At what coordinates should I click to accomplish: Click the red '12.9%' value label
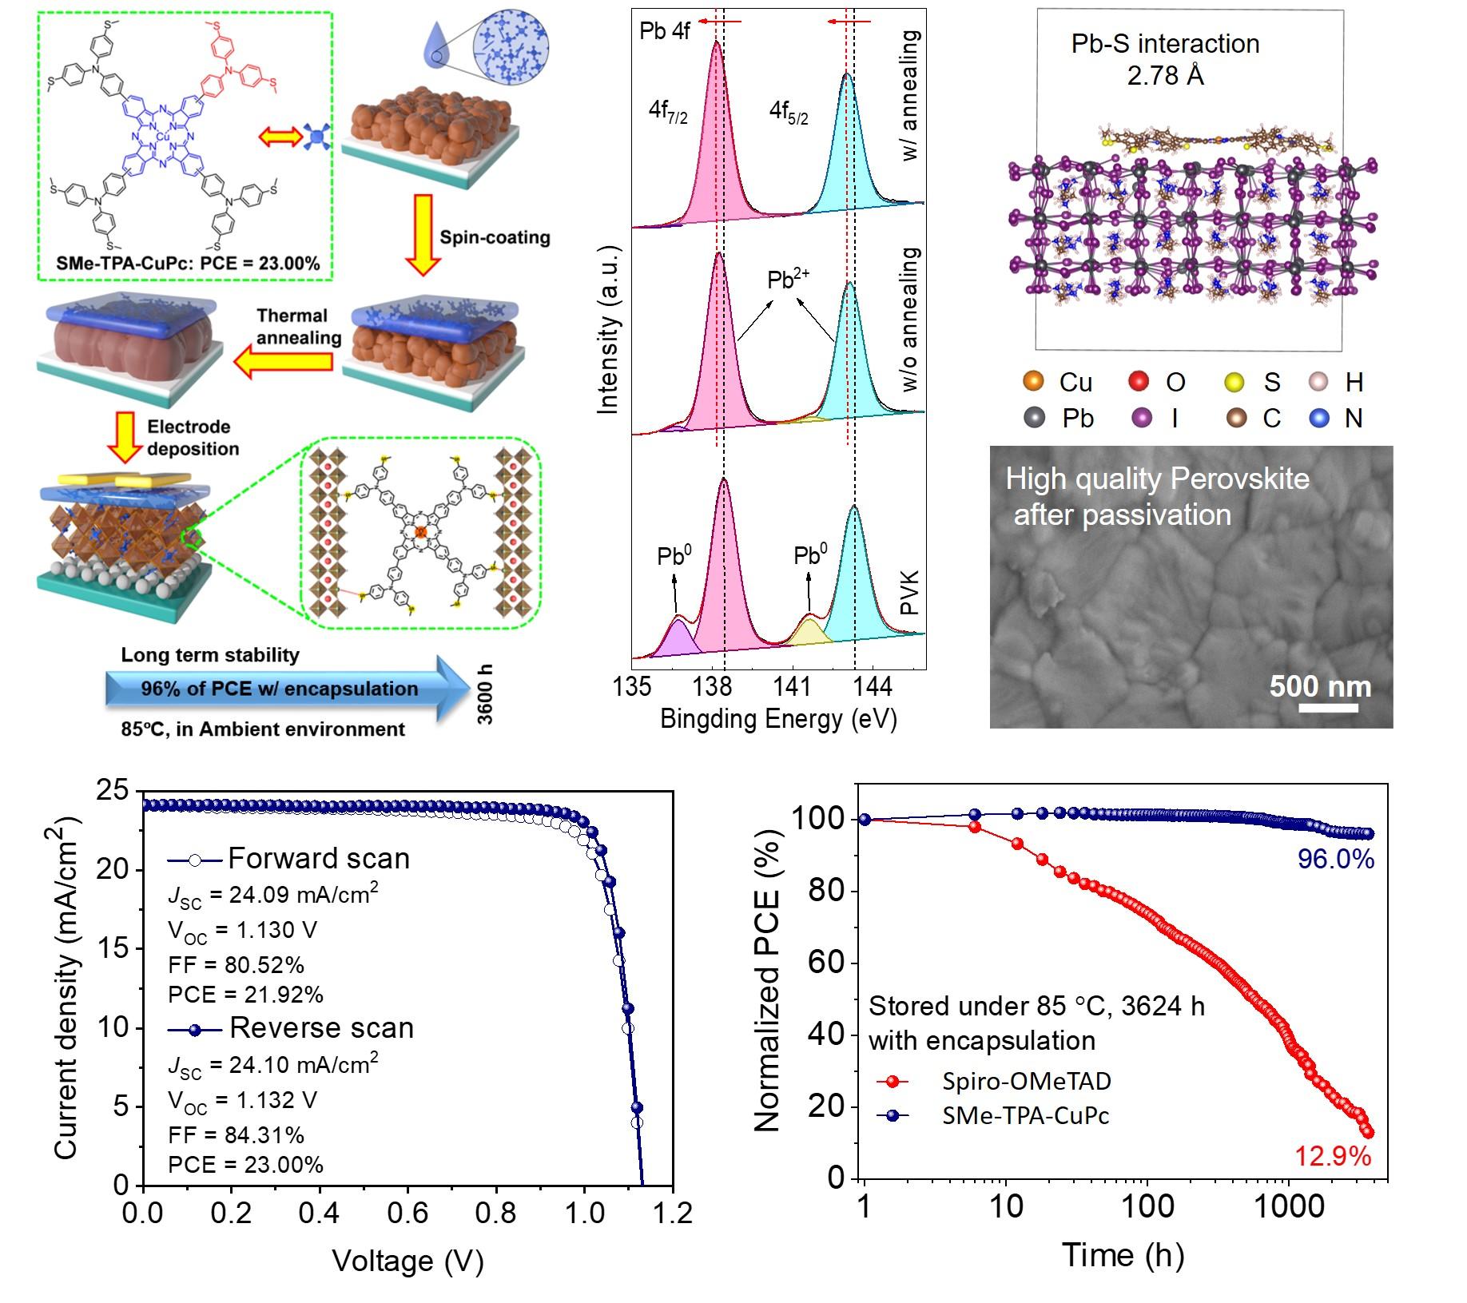(1333, 1156)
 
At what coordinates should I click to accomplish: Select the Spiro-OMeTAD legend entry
(1026, 1081)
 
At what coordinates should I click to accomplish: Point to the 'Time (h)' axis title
(1122, 1255)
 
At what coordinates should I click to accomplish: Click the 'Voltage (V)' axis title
(407, 1261)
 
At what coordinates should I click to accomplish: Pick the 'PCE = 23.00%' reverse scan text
(245, 1164)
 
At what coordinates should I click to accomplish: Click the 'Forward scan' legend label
(318, 858)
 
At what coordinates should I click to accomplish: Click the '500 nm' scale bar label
(1320, 686)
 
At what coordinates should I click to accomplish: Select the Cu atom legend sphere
(1033, 381)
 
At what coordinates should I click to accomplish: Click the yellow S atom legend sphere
(1234, 382)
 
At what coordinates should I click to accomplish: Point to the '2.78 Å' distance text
(1165, 75)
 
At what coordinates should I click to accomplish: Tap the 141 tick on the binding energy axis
(792, 686)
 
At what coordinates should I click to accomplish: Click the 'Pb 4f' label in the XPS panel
(665, 31)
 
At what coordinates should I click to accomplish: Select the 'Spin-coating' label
(495, 237)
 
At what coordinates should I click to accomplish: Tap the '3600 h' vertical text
(485, 694)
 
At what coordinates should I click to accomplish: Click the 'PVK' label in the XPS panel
(909, 593)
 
